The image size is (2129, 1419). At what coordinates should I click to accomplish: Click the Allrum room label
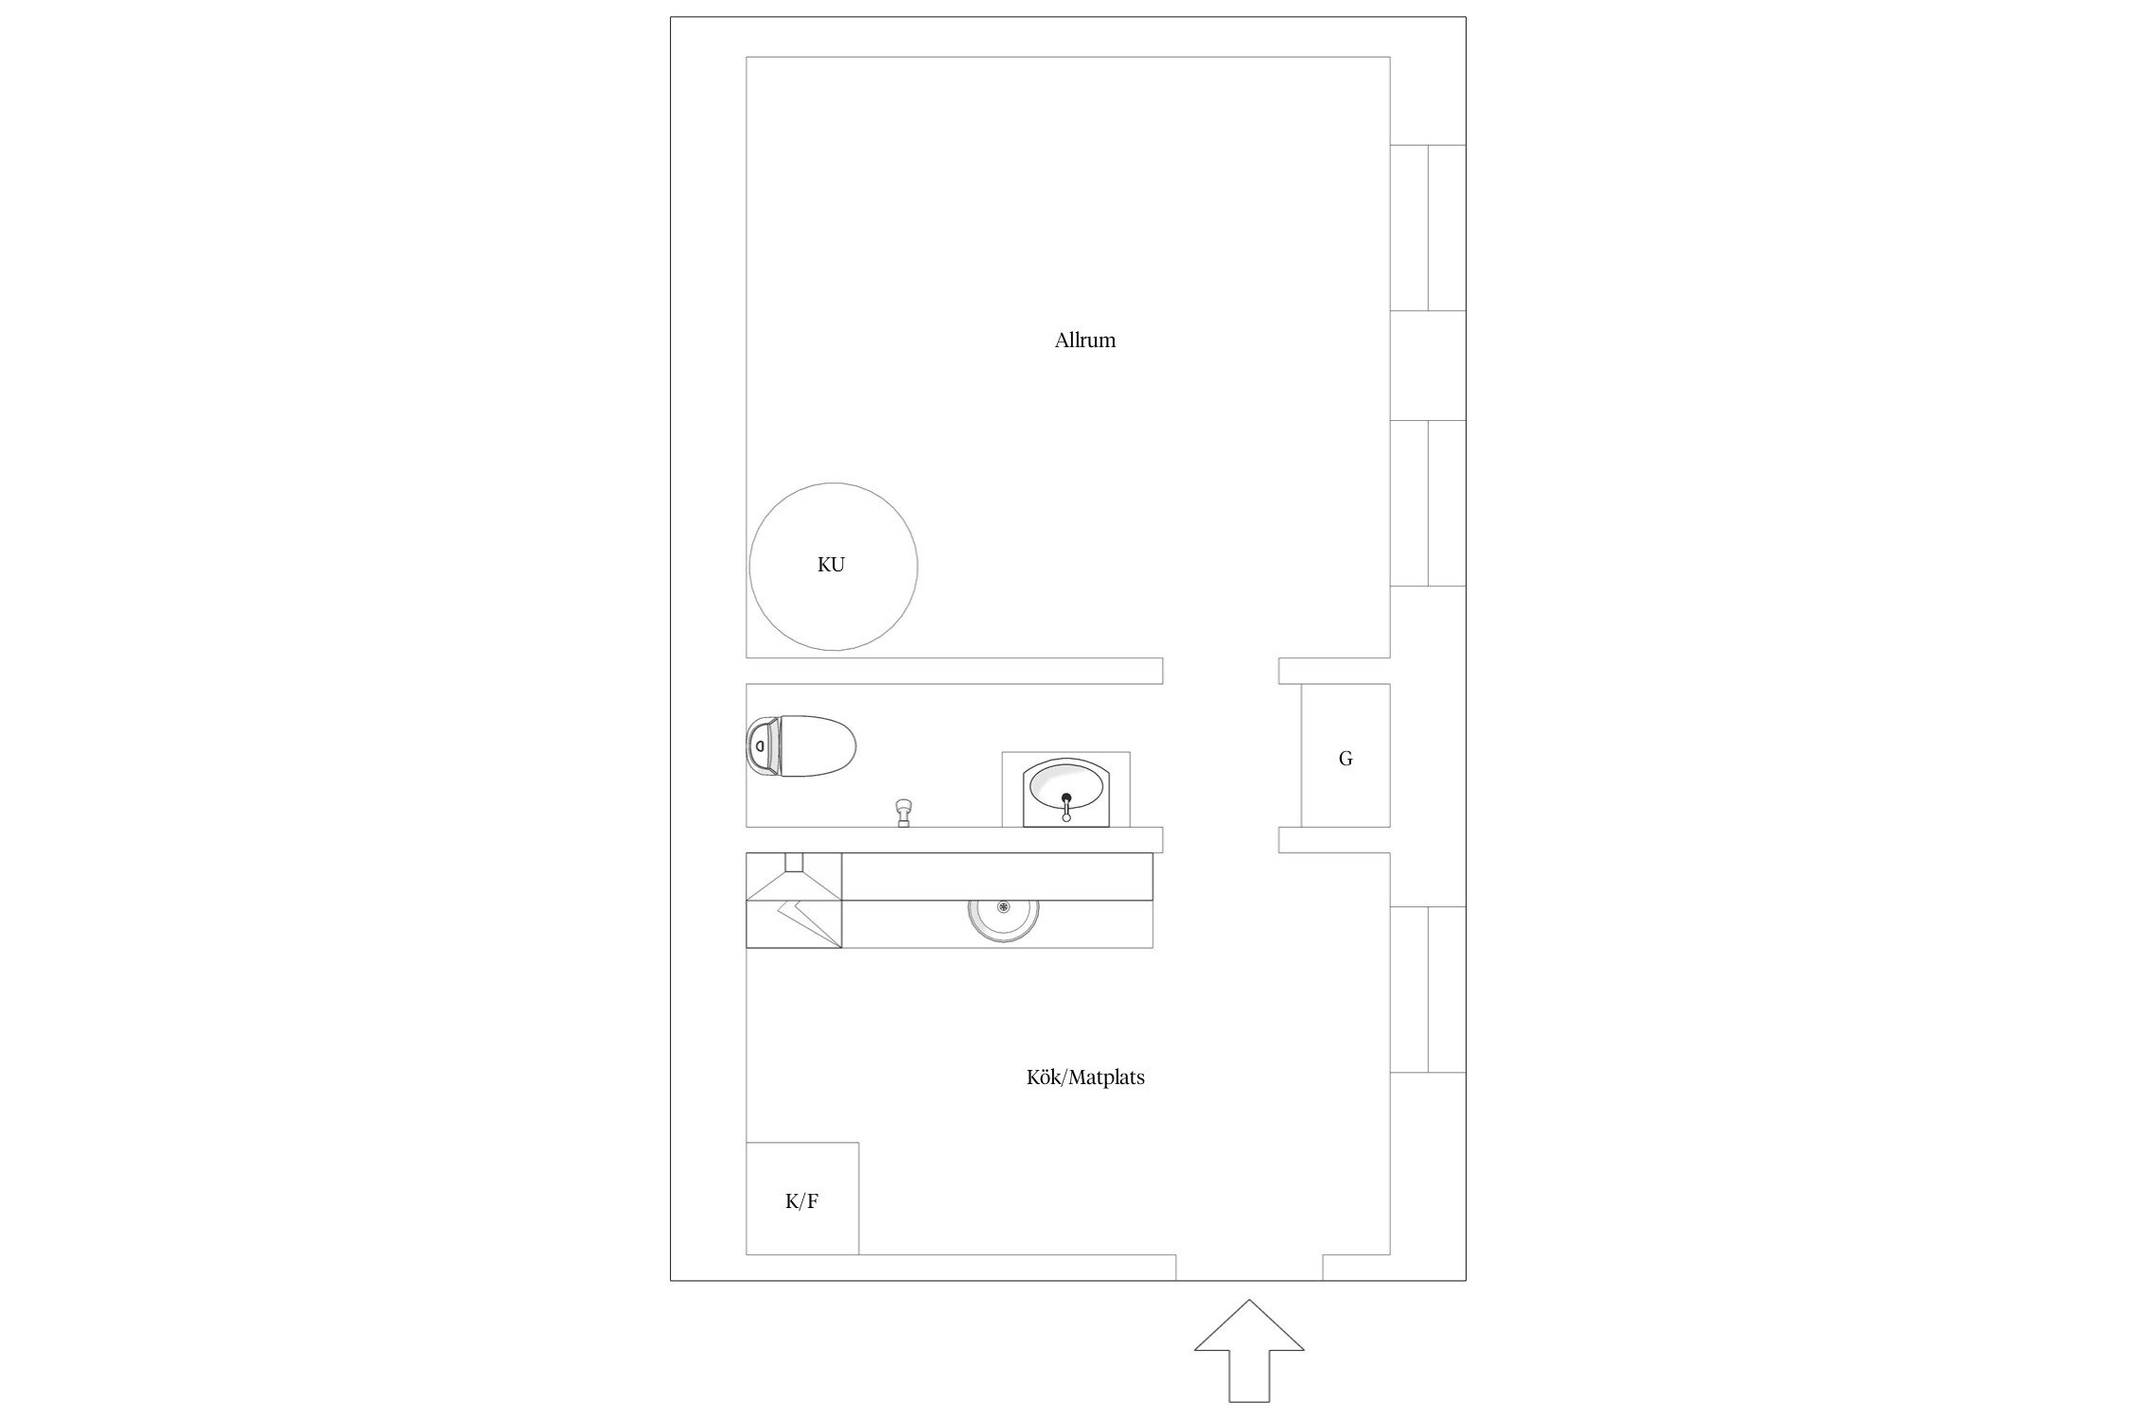click(x=1085, y=341)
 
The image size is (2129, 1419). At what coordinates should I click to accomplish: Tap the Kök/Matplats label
click(x=1085, y=1077)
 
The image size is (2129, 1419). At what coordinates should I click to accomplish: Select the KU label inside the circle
click(x=831, y=565)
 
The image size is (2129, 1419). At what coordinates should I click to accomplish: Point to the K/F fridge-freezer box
click(x=802, y=1199)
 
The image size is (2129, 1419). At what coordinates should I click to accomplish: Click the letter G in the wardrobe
click(x=1346, y=759)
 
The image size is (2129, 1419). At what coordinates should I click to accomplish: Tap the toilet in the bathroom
click(x=801, y=745)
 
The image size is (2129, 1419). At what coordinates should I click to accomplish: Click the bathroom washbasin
click(x=1066, y=791)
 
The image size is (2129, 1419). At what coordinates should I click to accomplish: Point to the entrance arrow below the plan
click(x=1249, y=1350)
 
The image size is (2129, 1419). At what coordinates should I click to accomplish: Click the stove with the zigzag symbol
click(x=794, y=924)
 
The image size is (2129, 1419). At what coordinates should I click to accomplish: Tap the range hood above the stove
click(x=794, y=877)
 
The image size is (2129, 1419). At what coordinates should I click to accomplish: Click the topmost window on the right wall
click(x=1428, y=228)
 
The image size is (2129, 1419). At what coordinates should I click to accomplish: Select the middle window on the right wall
click(x=1428, y=503)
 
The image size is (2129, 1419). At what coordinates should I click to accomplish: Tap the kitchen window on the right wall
click(x=1428, y=990)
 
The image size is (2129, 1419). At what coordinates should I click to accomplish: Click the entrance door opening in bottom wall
click(x=1249, y=1268)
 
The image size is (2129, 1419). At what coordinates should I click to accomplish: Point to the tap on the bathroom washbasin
click(x=1066, y=807)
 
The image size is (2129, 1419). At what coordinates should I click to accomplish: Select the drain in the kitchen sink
click(x=1003, y=906)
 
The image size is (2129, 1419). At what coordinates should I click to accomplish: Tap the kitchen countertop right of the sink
click(x=1096, y=924)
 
